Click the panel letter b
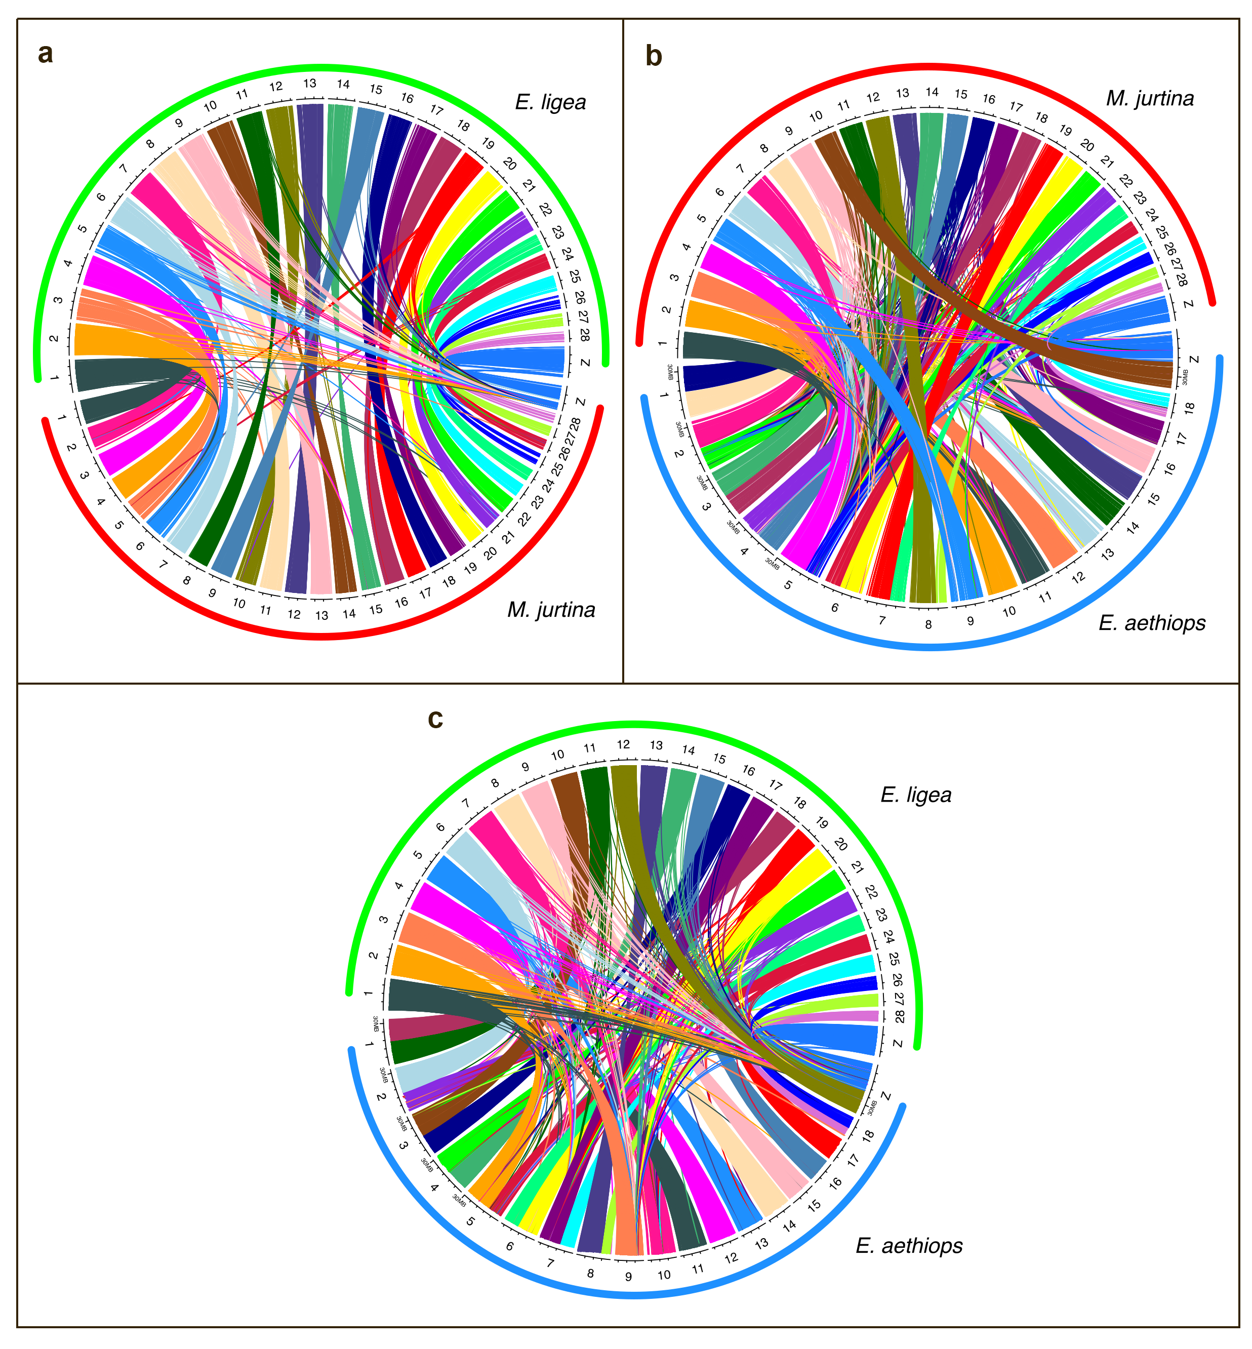pyautogui.click(x=653, y=56)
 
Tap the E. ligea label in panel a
pyautogui.click(x=550, y=102)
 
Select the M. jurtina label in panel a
pyautogui.click(x=551, y=610)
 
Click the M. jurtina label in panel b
pyautogui.click(x=1150, y=99)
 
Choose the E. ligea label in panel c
pyautogui.click(x=915, y=795)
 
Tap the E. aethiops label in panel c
pyautogui.click(x=909, y=1245)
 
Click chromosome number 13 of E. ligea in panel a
pyautogui.click(x=310, y=84)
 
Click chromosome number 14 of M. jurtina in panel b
pyautogui.click(x=932, y=92)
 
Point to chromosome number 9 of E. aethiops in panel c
pyautogui.click(x=628, y=1277)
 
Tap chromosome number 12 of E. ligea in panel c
pyautogui.click(x=623, y=744)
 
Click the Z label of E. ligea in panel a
pyautogui.click(x=585, y=363)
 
